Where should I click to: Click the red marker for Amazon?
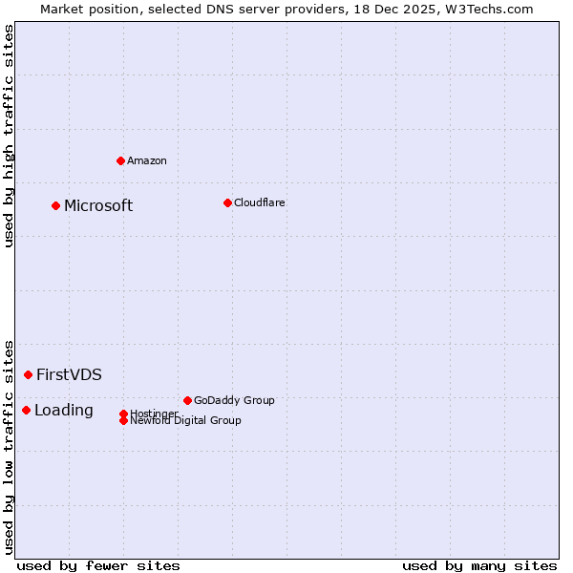click(120, 160)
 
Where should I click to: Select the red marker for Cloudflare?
click(227, 202)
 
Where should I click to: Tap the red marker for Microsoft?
click(56, 205)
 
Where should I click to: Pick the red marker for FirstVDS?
click(29, 374)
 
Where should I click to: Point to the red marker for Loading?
click(26, 410)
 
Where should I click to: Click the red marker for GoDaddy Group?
click(187, 400)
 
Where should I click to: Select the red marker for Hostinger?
click(123, 414)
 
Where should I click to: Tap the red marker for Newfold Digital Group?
click(123, 420)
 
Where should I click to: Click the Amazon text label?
click(147, 160)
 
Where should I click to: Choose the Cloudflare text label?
click(260, 202)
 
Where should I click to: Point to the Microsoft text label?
click(98, 205)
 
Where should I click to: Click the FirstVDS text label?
click(69, 374)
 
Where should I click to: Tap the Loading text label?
click(64, 410)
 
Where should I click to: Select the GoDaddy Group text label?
click(234, 400)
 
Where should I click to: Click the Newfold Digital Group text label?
click(186, 421)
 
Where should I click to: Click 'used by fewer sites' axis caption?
click(98, 565)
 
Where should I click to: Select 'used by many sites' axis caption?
click(479, 565)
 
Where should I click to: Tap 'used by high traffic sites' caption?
click(9, 136)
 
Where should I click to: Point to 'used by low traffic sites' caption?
click(9, 447)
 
